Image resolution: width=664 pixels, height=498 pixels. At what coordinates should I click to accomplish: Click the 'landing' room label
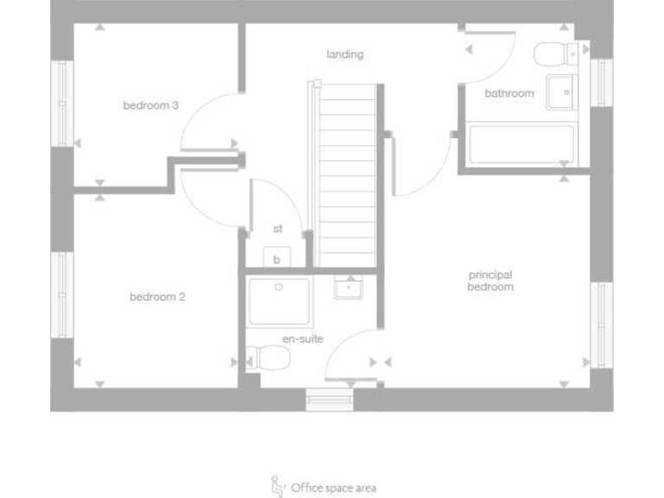[x=345, y=54]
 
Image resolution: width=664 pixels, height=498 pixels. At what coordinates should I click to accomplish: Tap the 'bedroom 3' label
[x=150, y=105]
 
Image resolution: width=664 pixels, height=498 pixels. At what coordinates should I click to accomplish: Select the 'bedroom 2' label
[x=157, y=297]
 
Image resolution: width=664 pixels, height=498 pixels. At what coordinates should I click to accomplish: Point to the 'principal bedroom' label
[x=490, y=281]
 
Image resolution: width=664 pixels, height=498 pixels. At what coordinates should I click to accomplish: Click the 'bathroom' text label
[x=508, y=93]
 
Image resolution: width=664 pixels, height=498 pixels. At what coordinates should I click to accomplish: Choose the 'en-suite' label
[x=303, y=339]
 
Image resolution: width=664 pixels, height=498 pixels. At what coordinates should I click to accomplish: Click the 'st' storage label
[x=278, y=229]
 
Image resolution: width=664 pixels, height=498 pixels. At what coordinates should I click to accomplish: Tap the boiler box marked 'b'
[x=277, y=259]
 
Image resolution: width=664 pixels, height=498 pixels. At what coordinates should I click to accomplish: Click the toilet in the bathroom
[x=554, y=54]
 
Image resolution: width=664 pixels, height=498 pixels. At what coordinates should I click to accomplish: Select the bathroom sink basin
[x=560, y=91]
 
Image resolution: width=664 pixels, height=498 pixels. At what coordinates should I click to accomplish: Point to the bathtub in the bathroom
[x=520, y=144]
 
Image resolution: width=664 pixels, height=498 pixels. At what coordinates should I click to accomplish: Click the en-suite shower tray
[x=278, y=301]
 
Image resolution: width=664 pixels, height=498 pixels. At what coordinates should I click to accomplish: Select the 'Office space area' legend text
[x=334, y=488]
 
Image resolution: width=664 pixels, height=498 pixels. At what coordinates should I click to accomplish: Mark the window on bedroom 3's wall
[x=61, y=104]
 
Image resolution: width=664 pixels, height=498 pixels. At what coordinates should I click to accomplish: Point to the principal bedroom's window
[x=601, y=324]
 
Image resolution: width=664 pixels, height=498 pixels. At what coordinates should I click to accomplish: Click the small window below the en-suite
[x=329, y=399]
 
